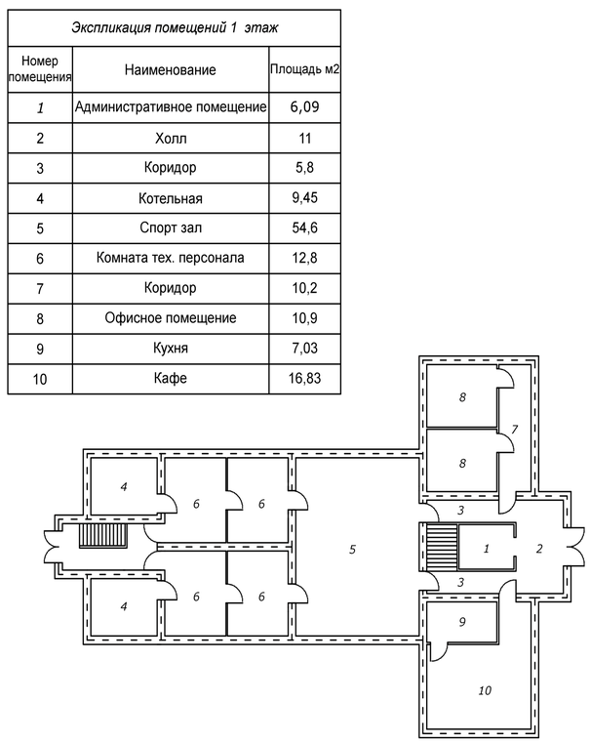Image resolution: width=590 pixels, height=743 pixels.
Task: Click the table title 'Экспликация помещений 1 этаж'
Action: [x=174, y=27]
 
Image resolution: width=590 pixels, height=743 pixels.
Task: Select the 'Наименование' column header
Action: [x=171, y=70]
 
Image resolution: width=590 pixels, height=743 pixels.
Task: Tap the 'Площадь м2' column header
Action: [x=304, y=70]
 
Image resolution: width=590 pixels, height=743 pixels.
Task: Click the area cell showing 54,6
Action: [x=304, y=227]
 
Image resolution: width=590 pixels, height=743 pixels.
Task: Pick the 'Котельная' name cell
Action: [x=171, y=198]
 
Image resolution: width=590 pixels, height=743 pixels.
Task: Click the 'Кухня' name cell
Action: [x=171, y=349]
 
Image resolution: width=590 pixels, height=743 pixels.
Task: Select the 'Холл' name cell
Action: [x=171, y=138]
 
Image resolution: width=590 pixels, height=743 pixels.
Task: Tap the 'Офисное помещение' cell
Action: [x=171, y=318]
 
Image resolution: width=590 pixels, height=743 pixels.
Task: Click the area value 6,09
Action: [x=304, y=107]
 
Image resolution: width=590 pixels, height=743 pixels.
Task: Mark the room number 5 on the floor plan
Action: [x=352, y=550]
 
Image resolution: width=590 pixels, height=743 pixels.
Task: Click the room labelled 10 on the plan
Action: [x=485, y=690]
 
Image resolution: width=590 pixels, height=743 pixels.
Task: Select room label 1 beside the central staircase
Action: [x=486, y=549]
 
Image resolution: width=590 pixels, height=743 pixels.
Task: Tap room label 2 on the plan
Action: [x=538, y=549]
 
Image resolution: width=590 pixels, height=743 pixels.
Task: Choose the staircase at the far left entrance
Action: [x=103, y=538]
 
